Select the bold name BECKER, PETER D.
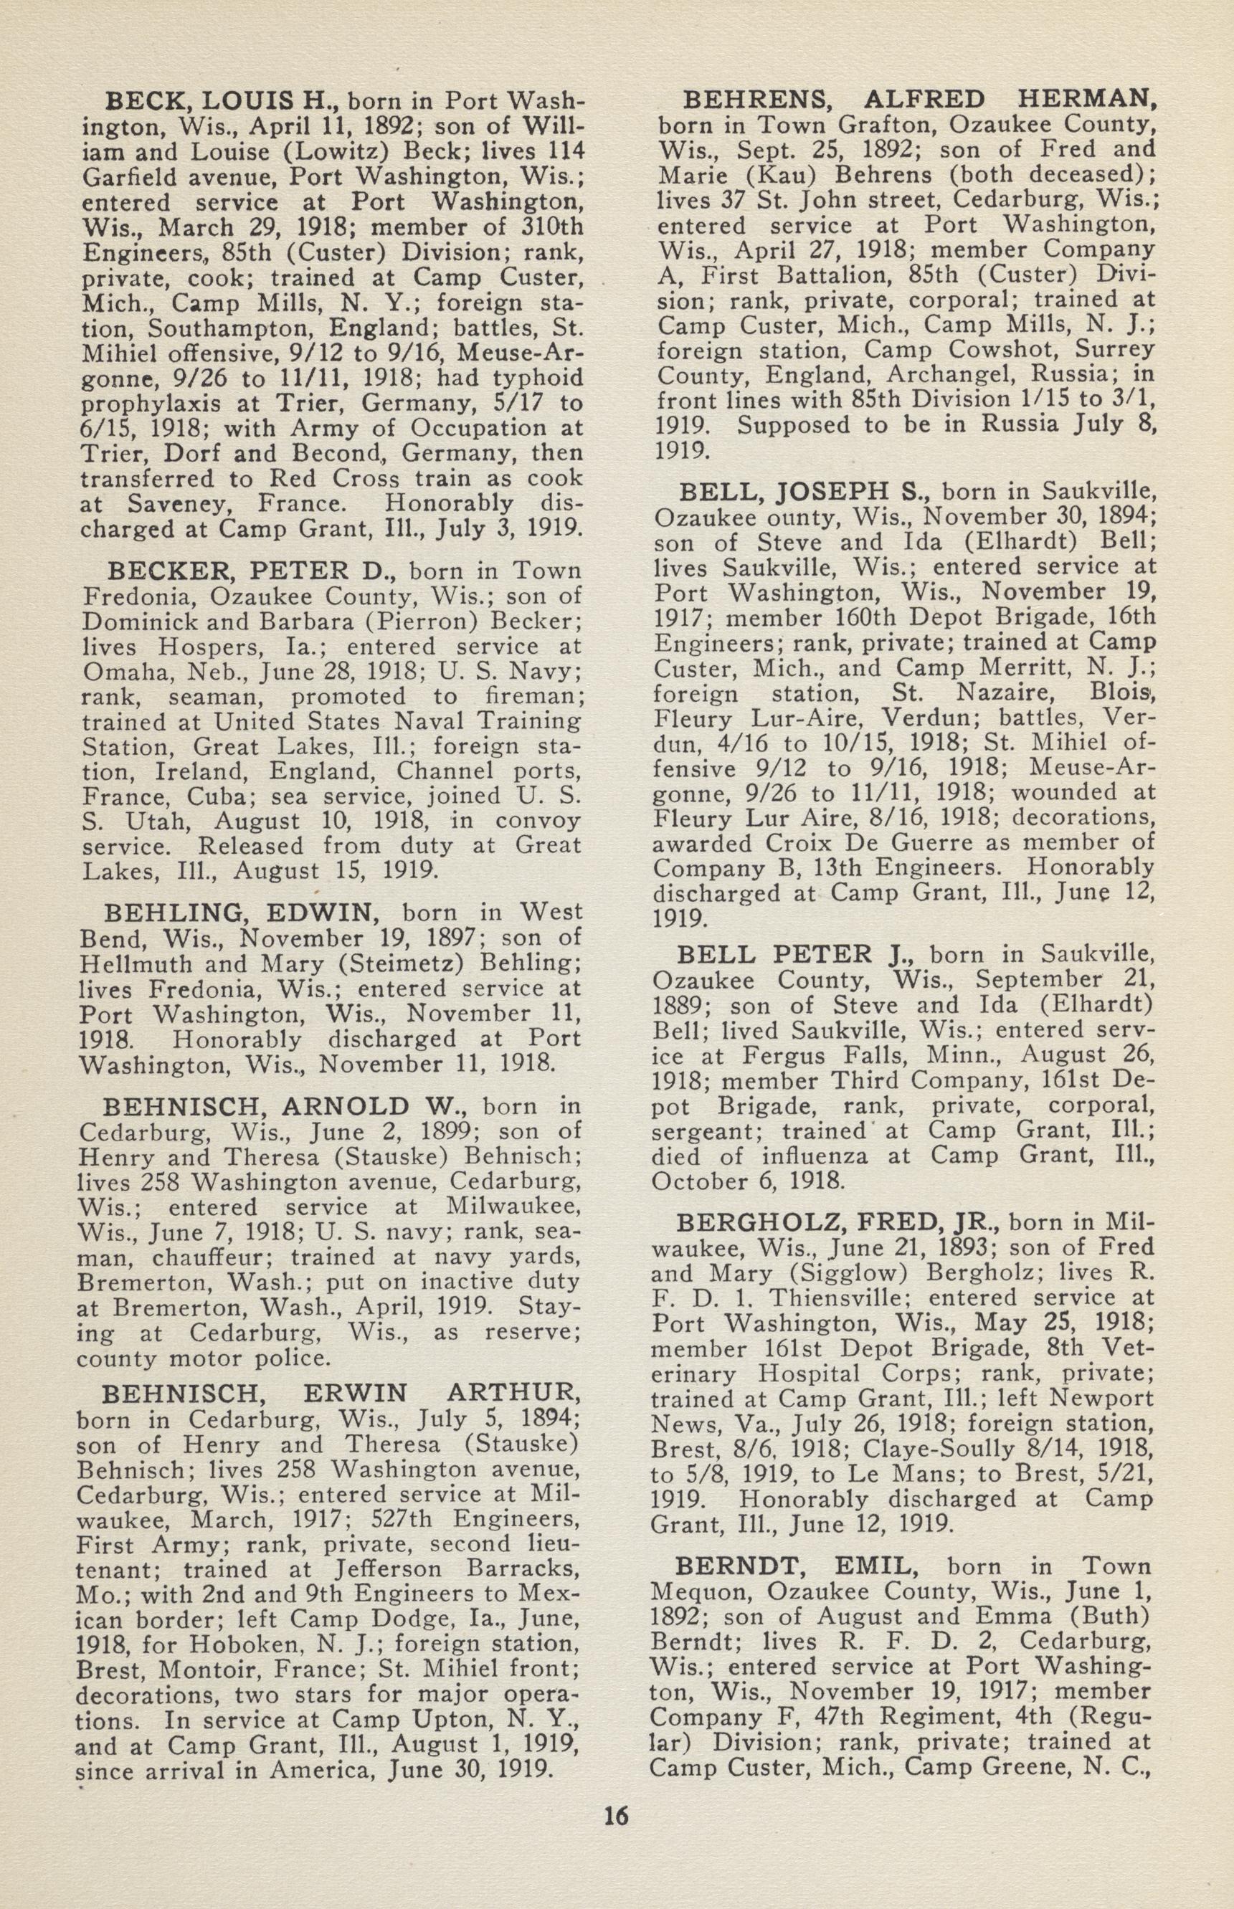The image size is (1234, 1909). tap(247, 571)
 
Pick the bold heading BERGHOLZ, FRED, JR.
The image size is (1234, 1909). tap(838, 1222)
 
